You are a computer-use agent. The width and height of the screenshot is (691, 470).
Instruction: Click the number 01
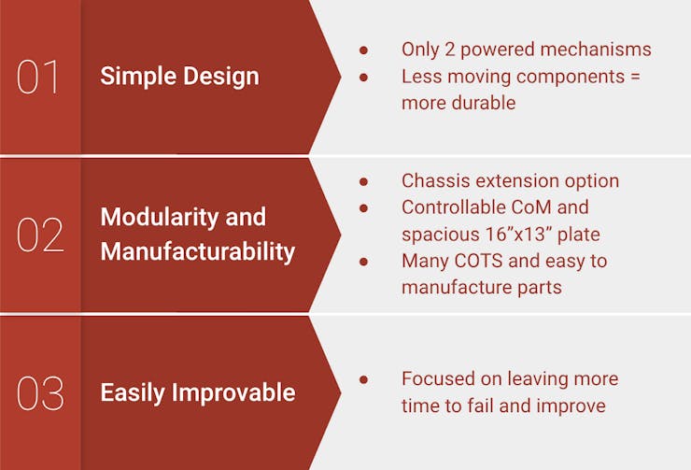tap(37, 78)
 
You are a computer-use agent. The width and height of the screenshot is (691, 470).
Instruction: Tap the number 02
tap(40, 235)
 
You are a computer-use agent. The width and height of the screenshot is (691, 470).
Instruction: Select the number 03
tap(40, 393)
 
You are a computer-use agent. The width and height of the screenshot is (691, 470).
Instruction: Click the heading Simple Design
tap(180, 77)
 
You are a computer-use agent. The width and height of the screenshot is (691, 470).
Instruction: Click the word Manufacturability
tap(198, 251)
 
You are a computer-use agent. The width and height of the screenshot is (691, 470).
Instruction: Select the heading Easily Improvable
tap(198, 392)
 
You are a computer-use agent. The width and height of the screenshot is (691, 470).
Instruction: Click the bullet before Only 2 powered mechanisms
tap(363, 50)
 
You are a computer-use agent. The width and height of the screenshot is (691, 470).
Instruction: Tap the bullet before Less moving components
tap(363, 78)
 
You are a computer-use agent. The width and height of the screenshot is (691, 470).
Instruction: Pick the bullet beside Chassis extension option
tap(363, 181)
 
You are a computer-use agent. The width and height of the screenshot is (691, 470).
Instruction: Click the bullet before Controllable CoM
tap(363, 207)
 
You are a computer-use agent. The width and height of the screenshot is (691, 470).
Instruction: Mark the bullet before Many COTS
tap(363, 262)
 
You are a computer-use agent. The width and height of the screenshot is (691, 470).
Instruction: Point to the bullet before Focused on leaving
tap(363, 379)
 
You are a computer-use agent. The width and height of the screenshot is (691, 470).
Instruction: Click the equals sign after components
tap(635, 78)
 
